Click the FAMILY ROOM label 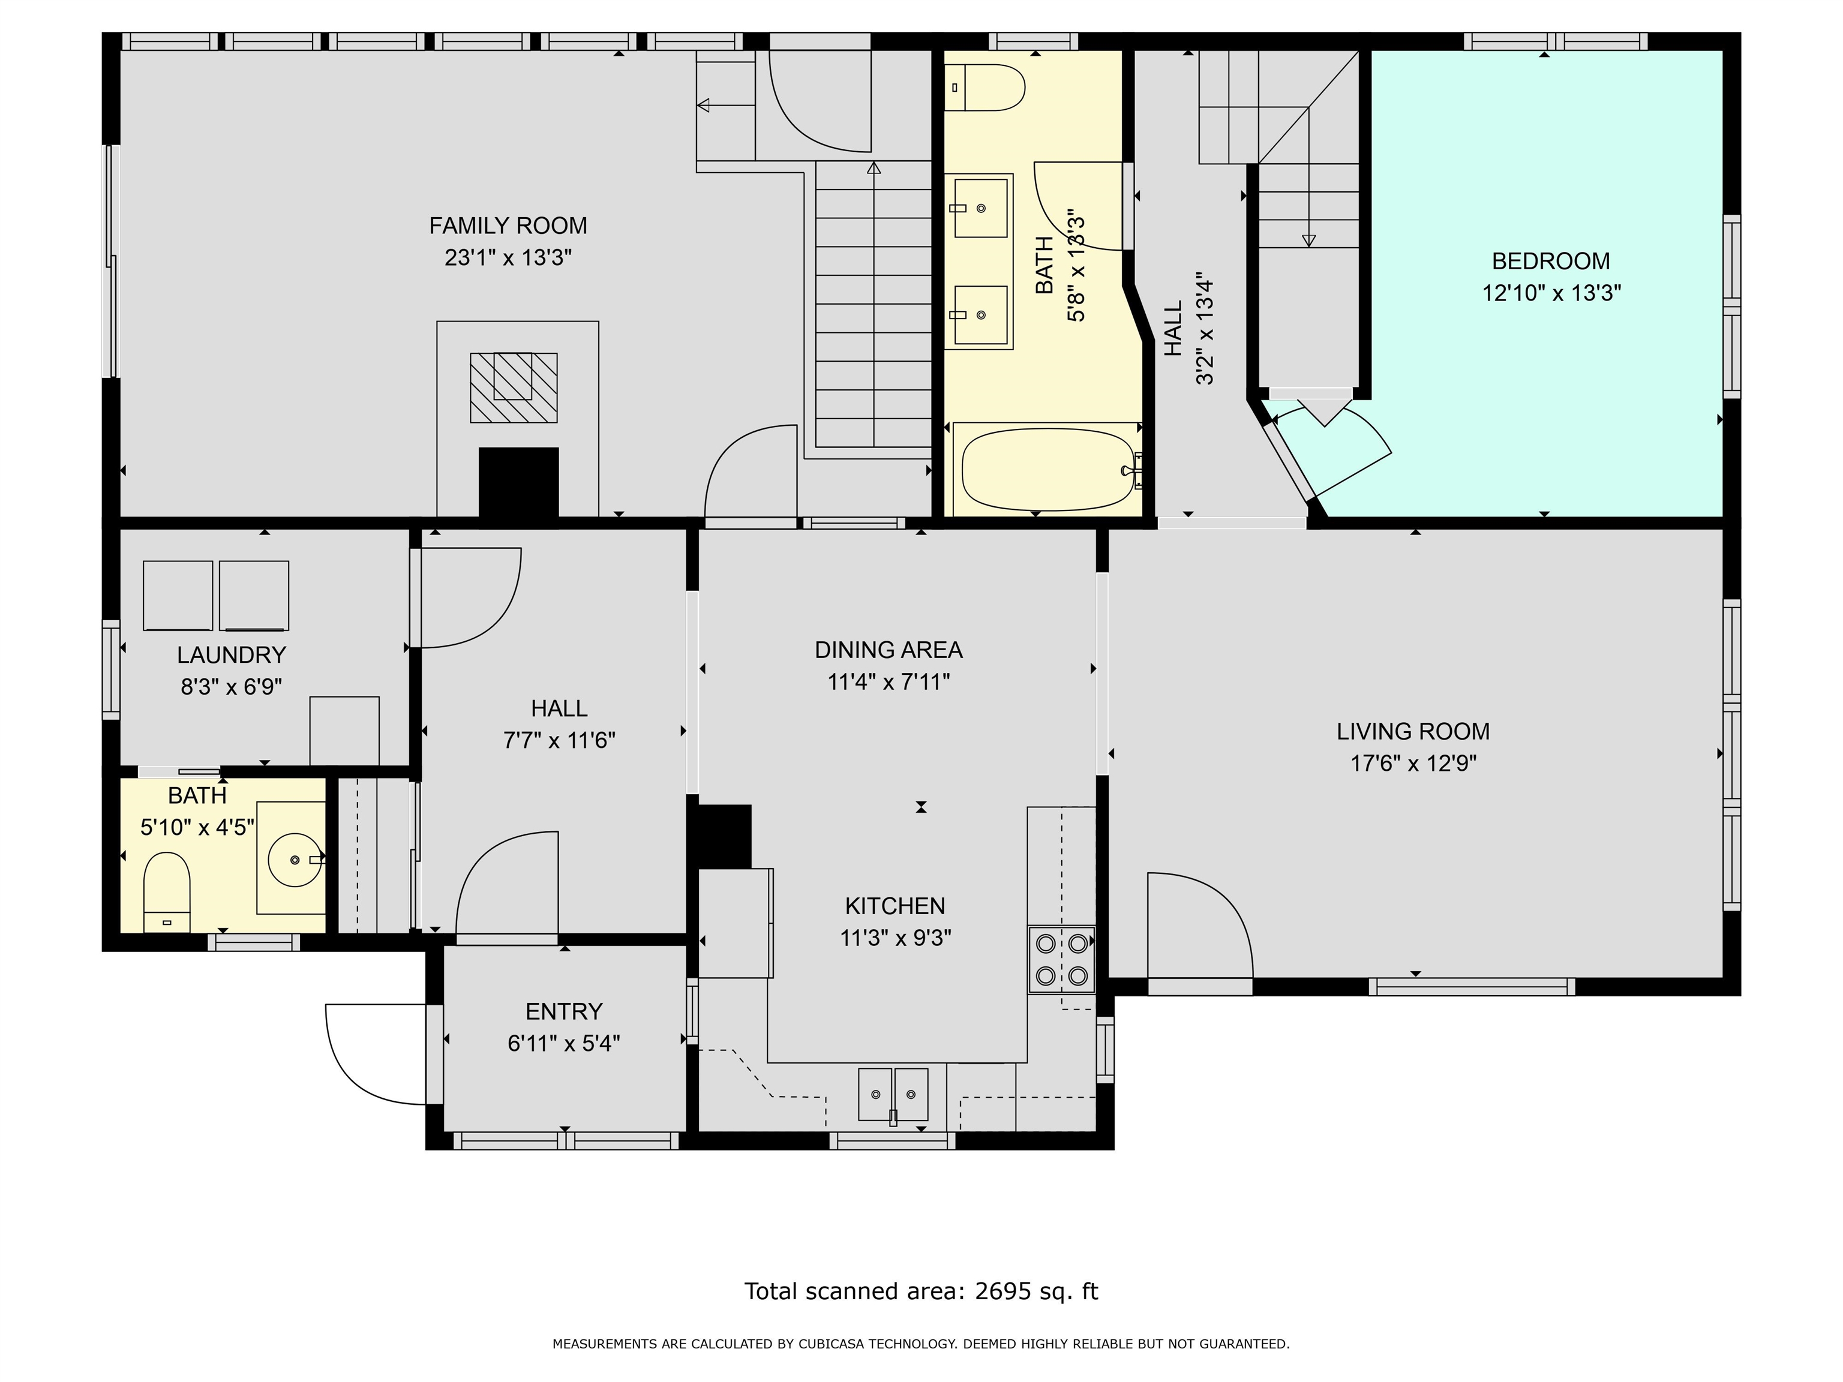pos(508,226)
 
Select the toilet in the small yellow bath pos(167,891)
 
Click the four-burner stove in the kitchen pos(1061,960)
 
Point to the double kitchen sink pos(893,1093)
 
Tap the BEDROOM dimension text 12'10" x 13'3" pos(1551,293)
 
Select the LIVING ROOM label pos(1413,731)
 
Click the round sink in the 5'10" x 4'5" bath pos(295,859)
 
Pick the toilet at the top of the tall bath pos(985,88)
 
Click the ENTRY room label pos(563,1011)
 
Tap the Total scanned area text pos(921,1291)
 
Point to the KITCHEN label pos(895,906)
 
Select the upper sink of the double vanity pos(981,208)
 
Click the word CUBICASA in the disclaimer pos(835,1344)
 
